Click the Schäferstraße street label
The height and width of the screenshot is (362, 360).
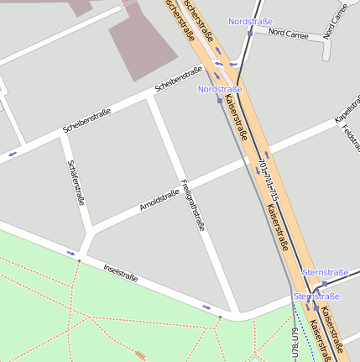click(x=76, y=182)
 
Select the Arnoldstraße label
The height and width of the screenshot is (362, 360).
click(x=159, y=200)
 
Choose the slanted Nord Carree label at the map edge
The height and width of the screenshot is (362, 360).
click(x=335, y=20)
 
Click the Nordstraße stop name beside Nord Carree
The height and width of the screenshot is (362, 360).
click(x=249, y=21)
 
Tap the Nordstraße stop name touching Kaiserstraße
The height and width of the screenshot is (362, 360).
click(x=220, y=88)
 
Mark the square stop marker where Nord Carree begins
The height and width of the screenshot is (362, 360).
click(x=249, y=34)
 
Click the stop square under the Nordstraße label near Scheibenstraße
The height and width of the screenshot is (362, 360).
click(x=220, y=99)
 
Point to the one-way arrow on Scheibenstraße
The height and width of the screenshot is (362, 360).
click(x=13, y=154)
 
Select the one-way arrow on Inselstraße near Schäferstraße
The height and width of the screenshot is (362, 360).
click(x=71, y=252)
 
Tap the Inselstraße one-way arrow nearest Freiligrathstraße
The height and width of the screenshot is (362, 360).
click(x=206, y=307)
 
